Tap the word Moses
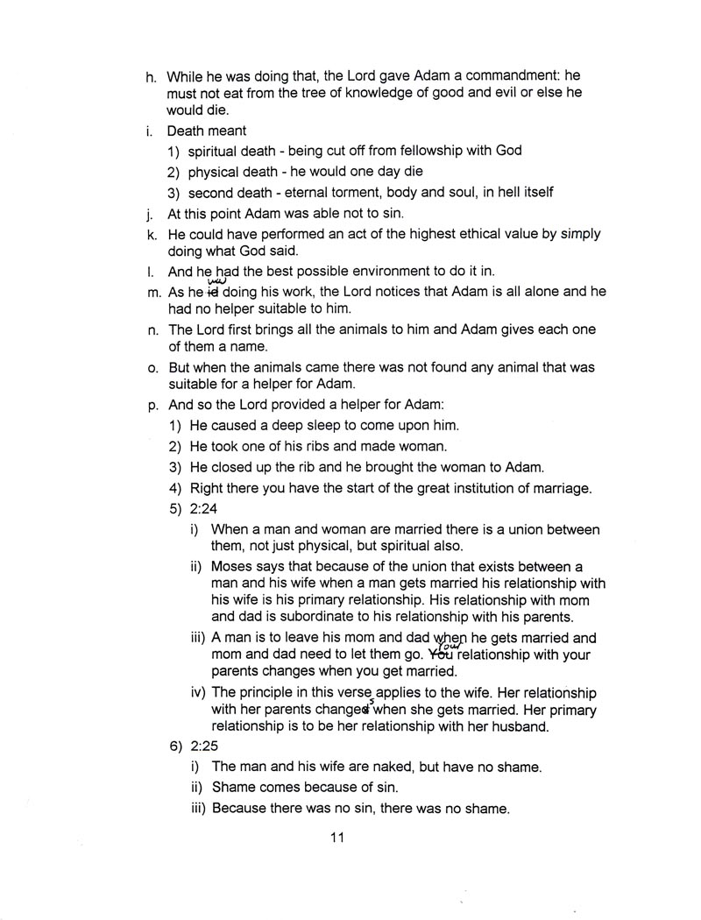coord(234,567)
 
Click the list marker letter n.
coord(151,329)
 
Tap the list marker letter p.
coord(151,406)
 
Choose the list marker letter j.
coord(150,213)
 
